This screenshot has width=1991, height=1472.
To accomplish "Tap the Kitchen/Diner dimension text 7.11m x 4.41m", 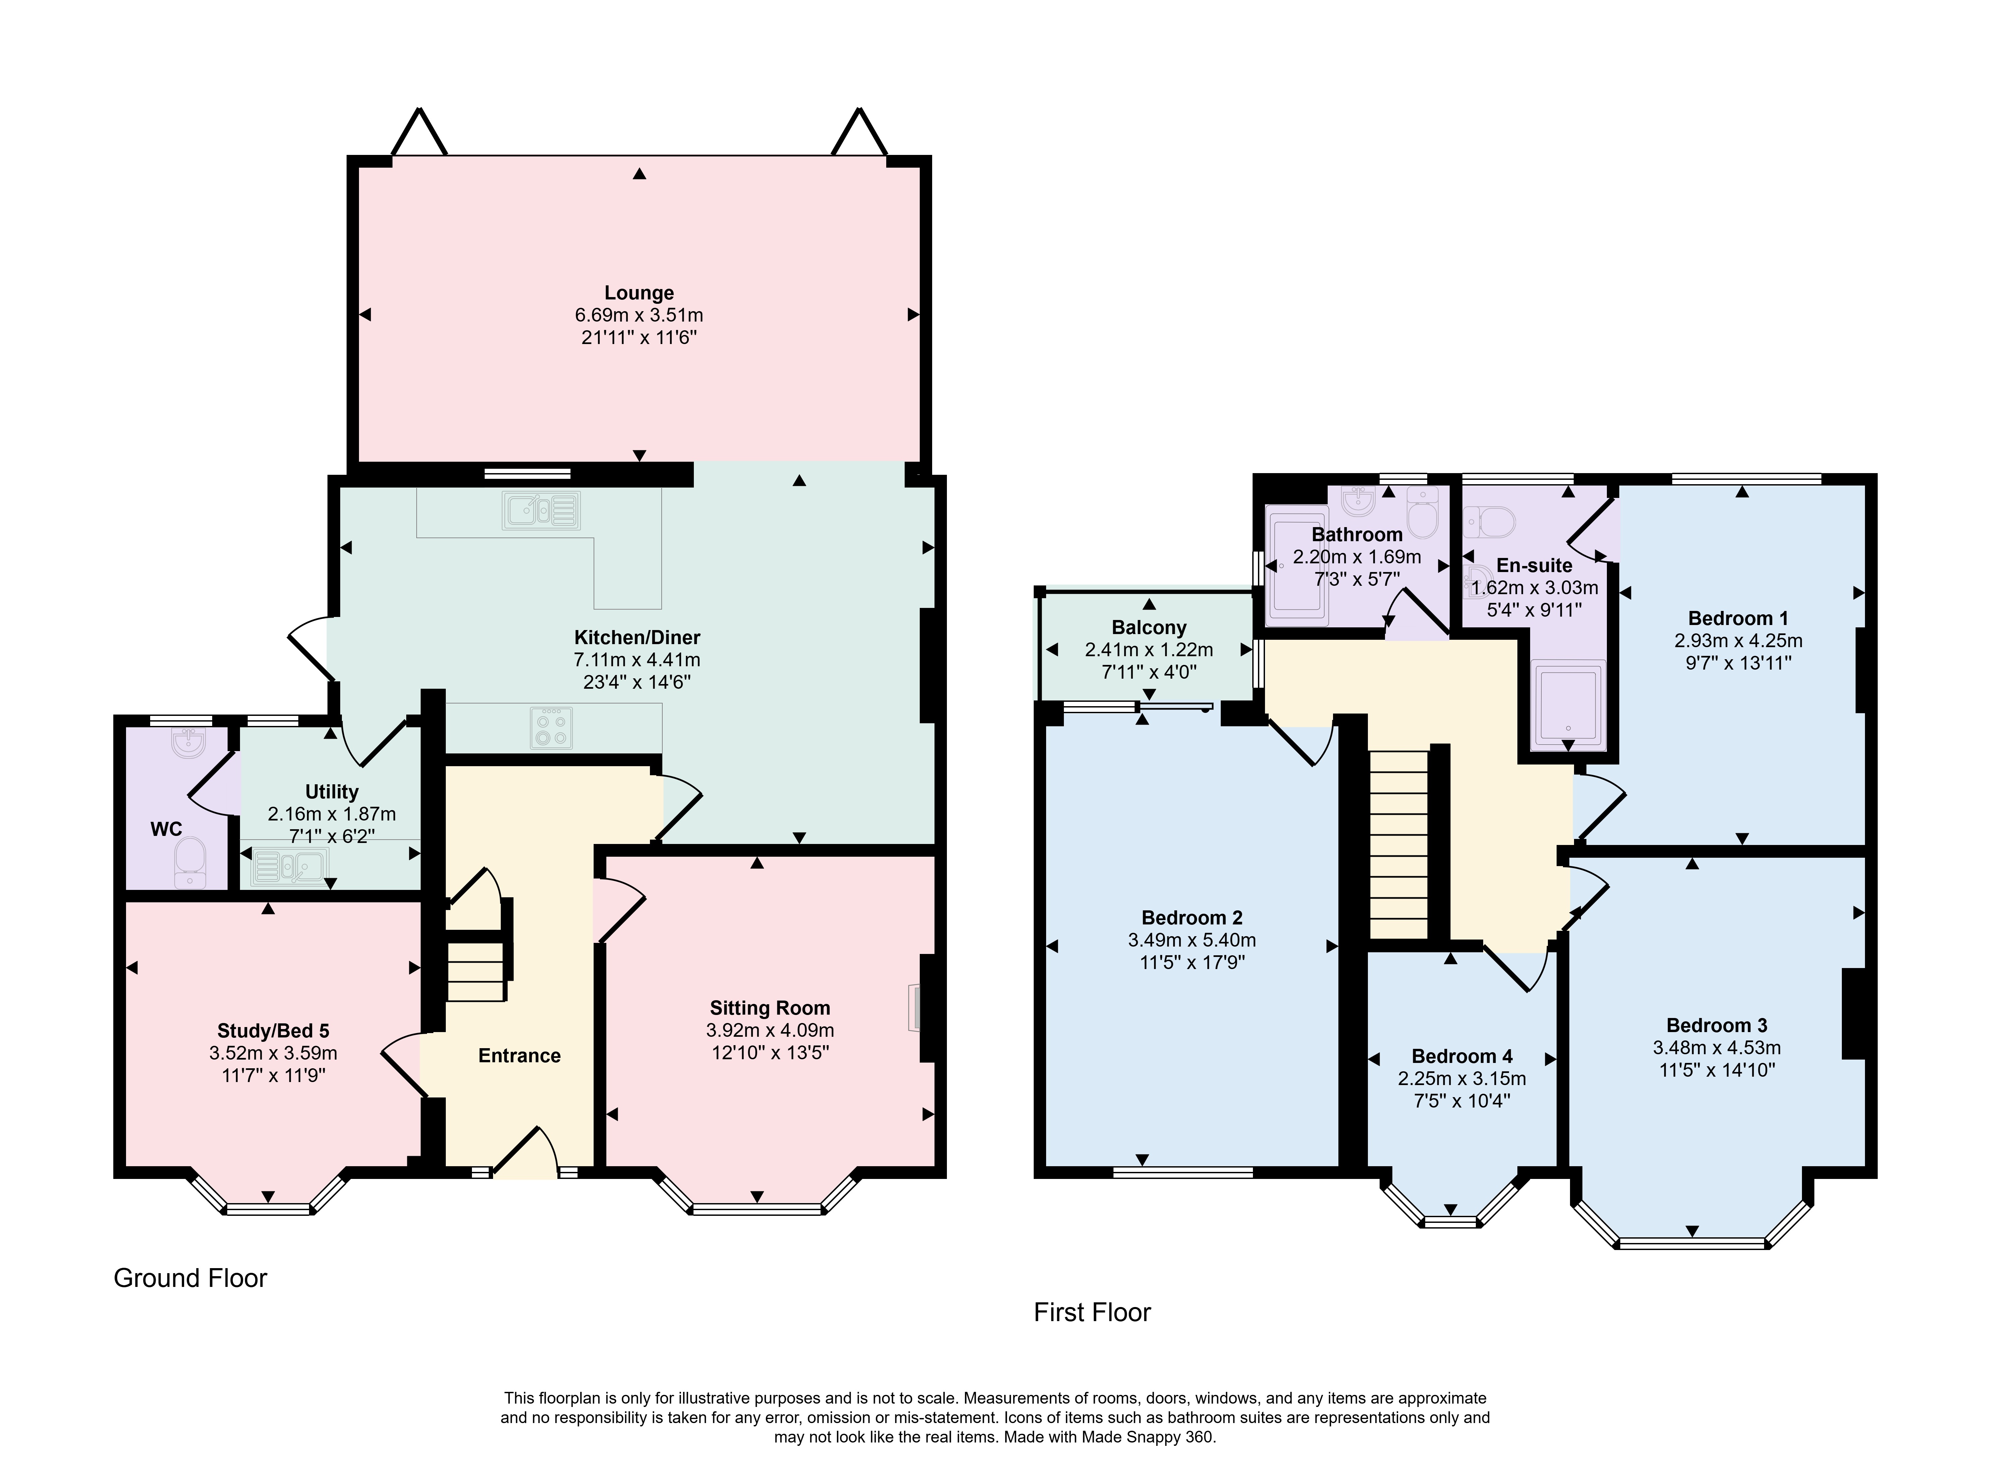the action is [x=637, y=660].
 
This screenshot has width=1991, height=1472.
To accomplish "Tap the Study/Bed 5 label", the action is [x=274, y=1031].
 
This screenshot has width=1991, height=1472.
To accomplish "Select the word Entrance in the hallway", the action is [x=519, y=1056].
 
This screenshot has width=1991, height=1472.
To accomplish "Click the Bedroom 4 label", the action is [x=1462, y=1057].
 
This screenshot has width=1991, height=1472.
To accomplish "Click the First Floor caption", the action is [x=1092, y=1312].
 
